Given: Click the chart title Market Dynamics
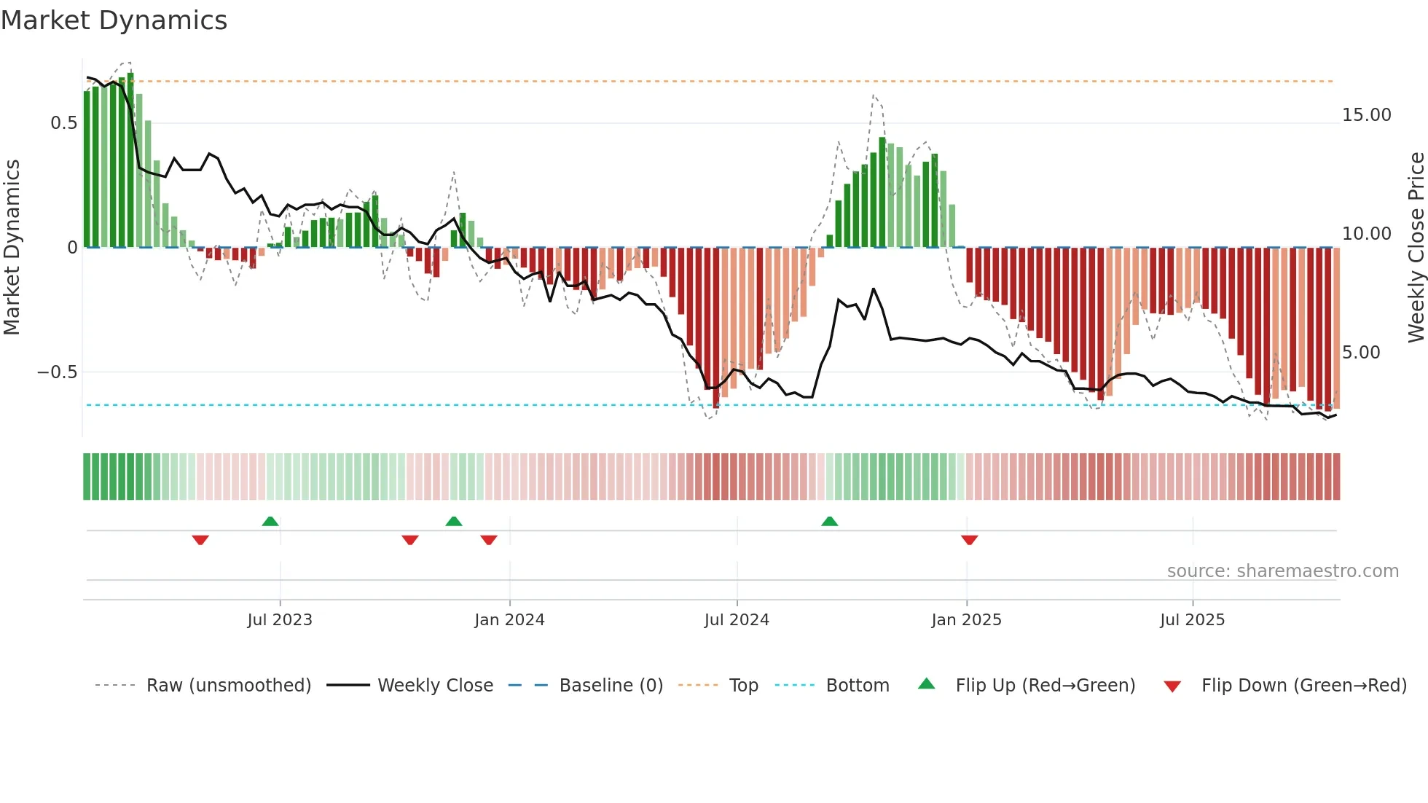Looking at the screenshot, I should [x=114, y=20].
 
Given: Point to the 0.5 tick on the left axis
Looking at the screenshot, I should [x=63, y=123].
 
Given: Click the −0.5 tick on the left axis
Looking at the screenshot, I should [x=57, y=372].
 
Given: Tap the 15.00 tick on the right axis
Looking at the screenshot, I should [x=1366, y=115].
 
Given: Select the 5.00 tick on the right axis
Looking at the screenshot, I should [x=1361, y=353].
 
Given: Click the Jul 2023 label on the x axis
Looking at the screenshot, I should [x=280, y=620].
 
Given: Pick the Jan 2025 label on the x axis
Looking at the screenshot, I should [x=966, y=620].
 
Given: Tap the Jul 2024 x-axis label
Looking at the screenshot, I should [x=737, y=620].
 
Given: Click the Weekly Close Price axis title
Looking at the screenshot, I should [x=1416, y=247].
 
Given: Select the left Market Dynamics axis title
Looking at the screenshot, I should [x=12, y=247].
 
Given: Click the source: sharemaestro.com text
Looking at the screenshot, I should [x=1282, y=571].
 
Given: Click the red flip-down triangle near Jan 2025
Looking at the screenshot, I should [x=969, y=540].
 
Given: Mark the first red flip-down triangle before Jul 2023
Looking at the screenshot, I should [x=200, y=540].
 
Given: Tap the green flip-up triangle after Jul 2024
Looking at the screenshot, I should [x=829, y=521].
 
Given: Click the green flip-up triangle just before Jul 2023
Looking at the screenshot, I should [x=270, y=521].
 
